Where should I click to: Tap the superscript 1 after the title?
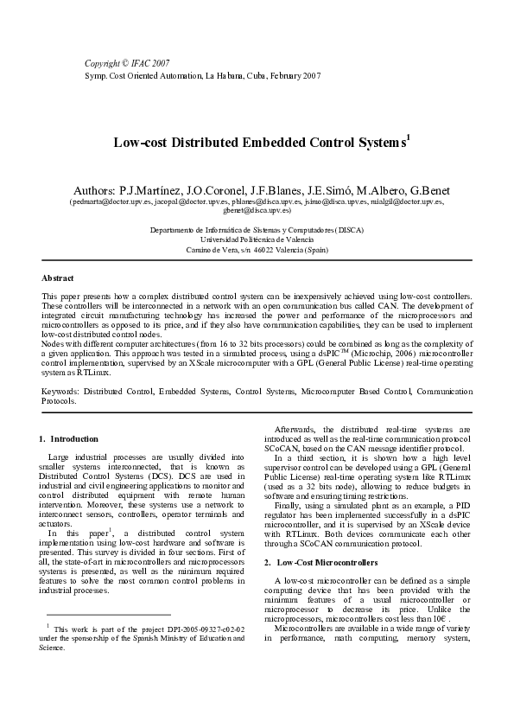click(x=408, y=136)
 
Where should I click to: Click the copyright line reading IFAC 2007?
click(x=127, y=64)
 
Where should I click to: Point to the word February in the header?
click(x=282, y=76)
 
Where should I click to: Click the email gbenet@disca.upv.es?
click(x=257, y=210)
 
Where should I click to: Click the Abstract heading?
click(x=58, y=278)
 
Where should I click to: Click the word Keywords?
click(x=60, y=392)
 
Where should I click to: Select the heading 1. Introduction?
click(x=70, y=439)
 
